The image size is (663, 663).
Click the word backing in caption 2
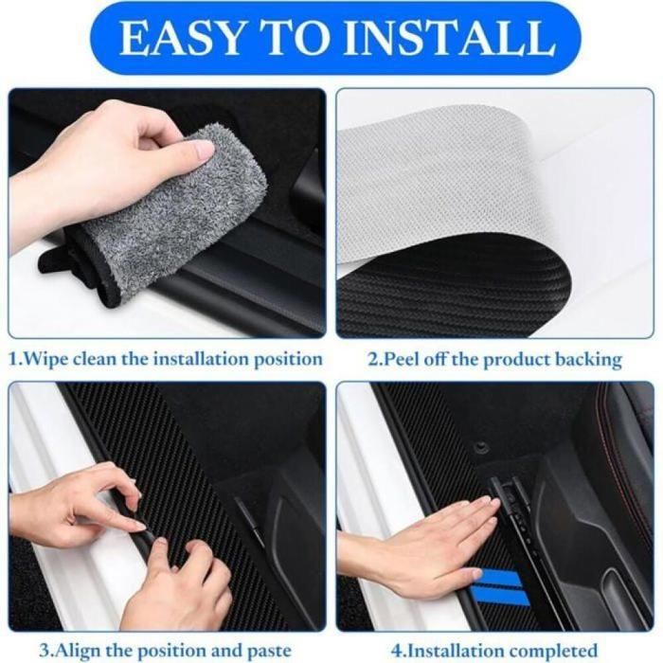[588, 360]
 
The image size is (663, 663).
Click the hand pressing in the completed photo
[426, 549]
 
